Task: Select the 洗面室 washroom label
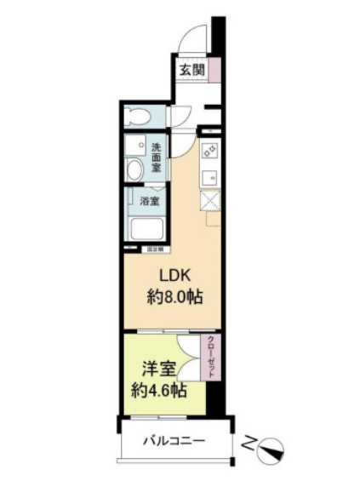(x=157, y=157)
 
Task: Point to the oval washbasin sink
(x=134, y=169)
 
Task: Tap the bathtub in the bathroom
(x=148, y=230)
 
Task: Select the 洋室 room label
(x=158, y=371)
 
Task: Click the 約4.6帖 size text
(x=158, y=392)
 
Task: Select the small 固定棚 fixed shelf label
(x=156, y=249)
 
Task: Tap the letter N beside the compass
(x=248, y=444)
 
